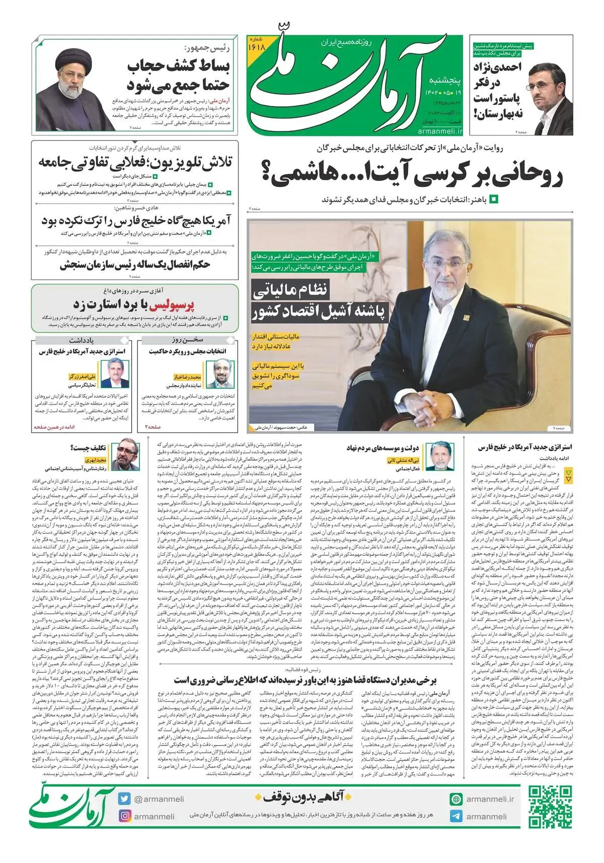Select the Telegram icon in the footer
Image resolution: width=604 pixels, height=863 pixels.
456,816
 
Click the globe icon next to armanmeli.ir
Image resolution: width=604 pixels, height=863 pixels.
456,799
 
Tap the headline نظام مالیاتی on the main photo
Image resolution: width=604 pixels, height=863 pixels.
290,290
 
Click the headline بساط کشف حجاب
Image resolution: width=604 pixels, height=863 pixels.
179,66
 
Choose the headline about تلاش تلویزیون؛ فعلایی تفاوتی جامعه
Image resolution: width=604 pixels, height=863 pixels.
135,162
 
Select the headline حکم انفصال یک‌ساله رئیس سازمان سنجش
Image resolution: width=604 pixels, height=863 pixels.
135,265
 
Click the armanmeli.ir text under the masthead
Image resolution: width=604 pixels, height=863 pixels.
439,131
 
